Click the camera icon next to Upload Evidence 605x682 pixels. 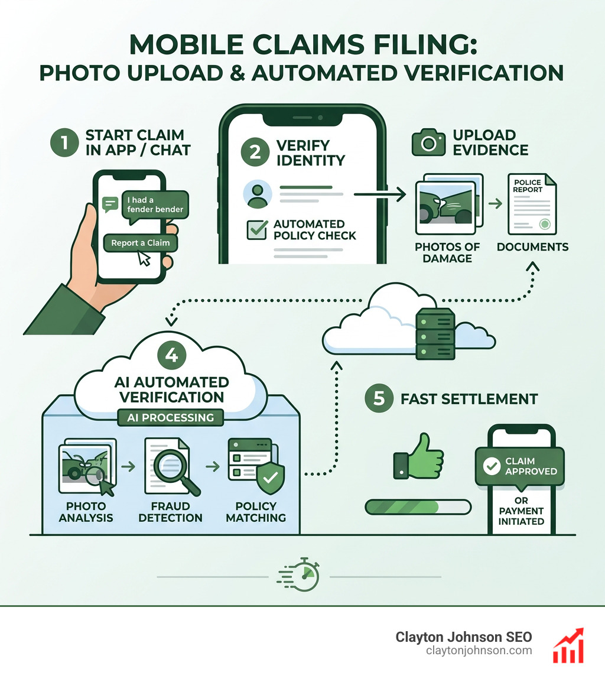[x=428, y=142]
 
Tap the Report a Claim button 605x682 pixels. [x=140, y=242]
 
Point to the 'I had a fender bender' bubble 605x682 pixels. [x=154, y=204]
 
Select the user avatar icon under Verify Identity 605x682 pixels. [x=258, y=194]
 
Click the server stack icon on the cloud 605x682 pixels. [x=435, y=334]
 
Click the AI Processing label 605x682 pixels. [x=171, y=417]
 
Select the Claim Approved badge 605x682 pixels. [x=520, y=466]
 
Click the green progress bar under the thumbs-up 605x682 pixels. [x=418, y=507]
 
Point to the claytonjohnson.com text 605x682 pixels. [x=479, y=651]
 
